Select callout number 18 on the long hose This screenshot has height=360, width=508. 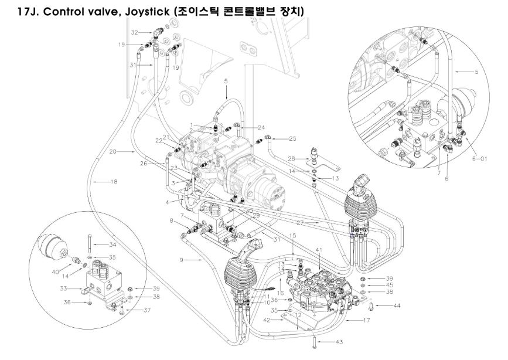(114, 182)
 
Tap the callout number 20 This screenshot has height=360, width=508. (113, 151)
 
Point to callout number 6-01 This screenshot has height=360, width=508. (480, 159)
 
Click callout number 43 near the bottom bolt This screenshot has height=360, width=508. (339, 342)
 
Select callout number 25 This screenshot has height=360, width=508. (293, 138)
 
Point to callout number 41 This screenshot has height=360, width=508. (319, 251)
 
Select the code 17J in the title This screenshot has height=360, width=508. (27, 12)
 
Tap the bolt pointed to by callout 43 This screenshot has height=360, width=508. (315, 339)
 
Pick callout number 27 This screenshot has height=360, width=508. (316, 223)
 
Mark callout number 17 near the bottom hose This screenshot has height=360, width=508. (367, 320)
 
